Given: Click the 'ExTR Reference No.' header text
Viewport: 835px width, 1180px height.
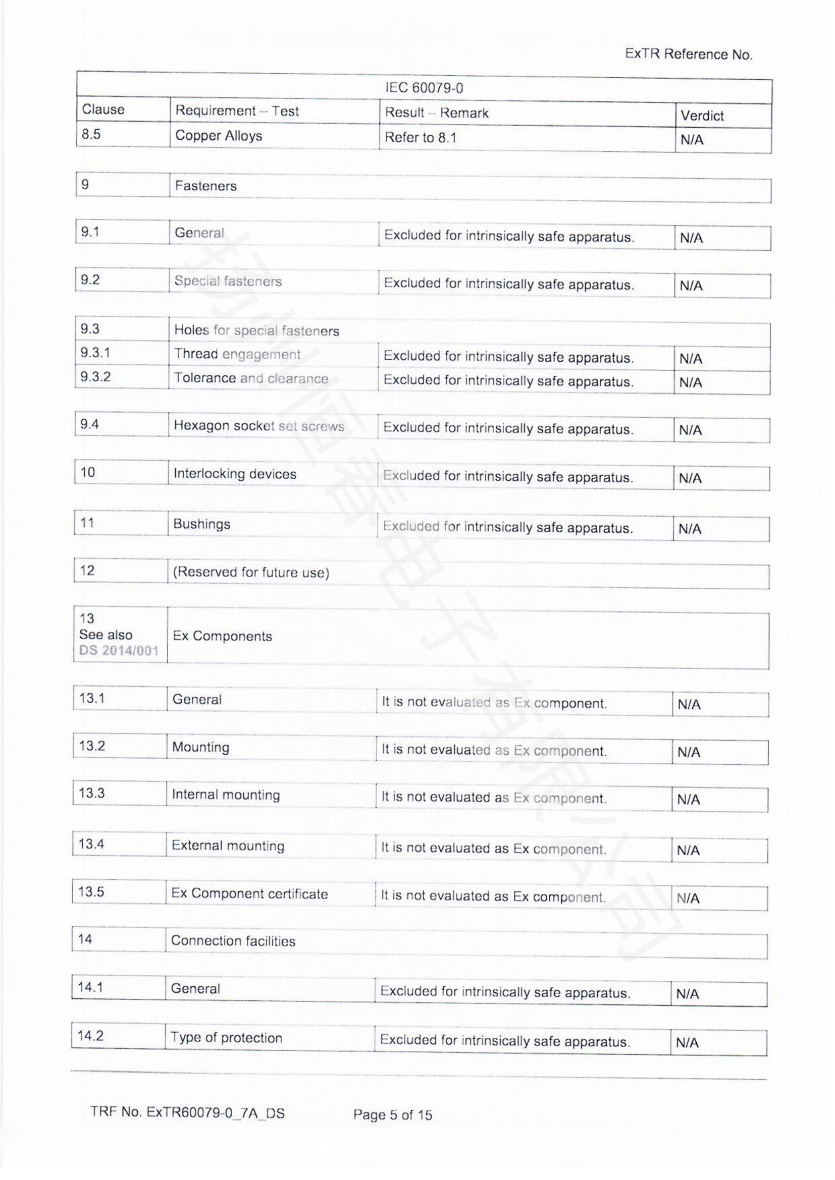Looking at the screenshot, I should point(689,54).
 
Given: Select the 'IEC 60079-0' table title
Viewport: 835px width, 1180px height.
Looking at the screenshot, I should point(424,88).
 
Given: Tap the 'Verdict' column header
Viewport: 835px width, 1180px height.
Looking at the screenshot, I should point(701,116).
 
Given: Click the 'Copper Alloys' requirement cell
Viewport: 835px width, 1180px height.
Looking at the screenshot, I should point(219,136).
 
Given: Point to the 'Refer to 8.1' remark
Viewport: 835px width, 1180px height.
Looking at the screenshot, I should point(420,138).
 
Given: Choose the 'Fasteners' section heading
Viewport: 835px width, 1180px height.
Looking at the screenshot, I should point(205,186).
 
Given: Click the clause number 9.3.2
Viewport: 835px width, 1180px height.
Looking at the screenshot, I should point(95,377).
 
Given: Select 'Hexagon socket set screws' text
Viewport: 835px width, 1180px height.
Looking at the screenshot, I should point(258,426).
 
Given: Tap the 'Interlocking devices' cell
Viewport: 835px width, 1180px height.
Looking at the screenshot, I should point(235,474).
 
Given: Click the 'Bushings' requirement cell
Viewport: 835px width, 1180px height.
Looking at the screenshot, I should point(201,524).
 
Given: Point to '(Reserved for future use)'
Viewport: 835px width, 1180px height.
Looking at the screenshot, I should point(251,573).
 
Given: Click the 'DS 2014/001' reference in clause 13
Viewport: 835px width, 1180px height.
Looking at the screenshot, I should point(119,651).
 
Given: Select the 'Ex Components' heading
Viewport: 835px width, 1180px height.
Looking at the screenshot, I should point(222,636).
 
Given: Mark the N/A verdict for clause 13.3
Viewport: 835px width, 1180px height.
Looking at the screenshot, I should point(689,800).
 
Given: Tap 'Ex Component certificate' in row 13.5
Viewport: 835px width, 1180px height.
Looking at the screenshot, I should point(249,894).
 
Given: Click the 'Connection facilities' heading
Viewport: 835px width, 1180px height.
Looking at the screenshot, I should point(233,941).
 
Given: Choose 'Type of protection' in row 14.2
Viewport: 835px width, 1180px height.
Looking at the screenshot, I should point(226,1038).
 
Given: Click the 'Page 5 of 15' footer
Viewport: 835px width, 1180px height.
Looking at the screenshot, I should point(392,1115).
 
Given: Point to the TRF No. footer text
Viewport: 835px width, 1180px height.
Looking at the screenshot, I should point(188,1113).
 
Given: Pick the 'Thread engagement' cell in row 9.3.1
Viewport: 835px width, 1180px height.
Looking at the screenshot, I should point(237,354).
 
